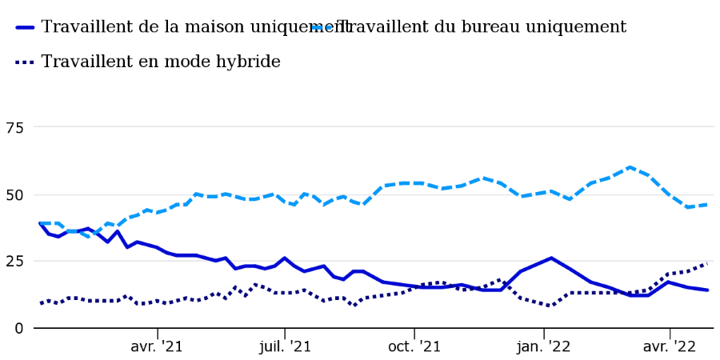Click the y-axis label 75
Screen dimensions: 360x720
point(14,128)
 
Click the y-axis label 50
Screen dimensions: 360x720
point(14,194)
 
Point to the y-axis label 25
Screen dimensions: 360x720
point(14,262)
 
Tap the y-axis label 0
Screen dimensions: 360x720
point(18,328)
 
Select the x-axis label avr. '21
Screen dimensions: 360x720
point(157,346)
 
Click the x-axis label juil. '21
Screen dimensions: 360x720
point(285,346)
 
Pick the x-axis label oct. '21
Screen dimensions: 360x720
point(414,346)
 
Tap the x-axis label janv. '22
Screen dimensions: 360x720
point(544,346)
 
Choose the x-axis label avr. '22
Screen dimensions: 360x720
point(670,346)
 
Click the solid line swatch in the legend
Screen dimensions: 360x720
point(25,27)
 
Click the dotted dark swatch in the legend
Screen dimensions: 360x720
point(25,62)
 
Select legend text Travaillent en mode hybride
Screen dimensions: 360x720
point(161,62)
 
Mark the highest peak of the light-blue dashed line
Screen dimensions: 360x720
point(630,167)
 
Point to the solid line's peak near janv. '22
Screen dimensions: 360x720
point(551,258)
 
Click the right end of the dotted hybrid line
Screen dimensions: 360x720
point(707,263)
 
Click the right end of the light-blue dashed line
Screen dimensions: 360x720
point(707,205)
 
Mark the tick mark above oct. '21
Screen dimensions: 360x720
point(414,333)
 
